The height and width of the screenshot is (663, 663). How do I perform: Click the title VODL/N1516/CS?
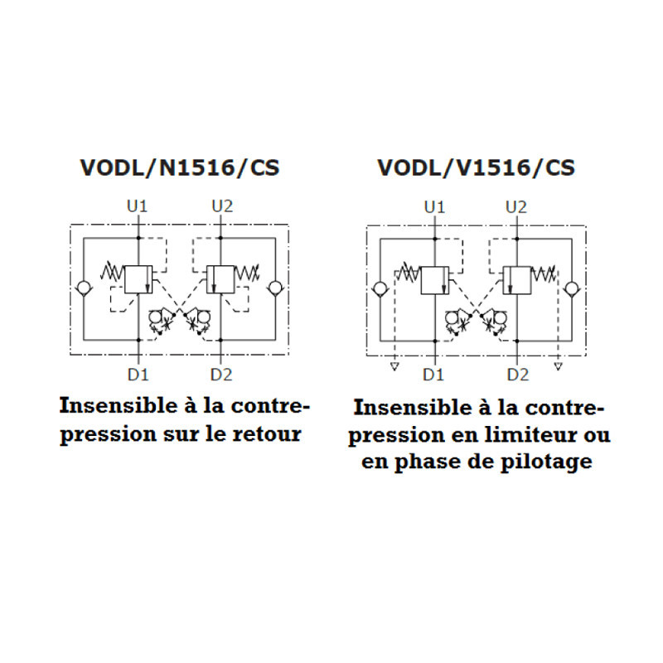[x=180, y=168]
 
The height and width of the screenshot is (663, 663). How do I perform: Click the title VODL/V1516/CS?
[x=476, y=168]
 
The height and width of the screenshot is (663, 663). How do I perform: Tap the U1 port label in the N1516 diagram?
[x=137, y=206]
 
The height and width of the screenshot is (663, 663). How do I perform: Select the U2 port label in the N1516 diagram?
[x=222, y=206]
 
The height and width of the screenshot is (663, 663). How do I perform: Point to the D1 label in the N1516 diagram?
[x=138, y=375]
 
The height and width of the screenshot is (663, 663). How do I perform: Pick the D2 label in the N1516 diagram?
[x=221, y=375]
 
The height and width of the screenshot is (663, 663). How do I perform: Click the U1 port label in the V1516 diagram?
[x=434, y=207]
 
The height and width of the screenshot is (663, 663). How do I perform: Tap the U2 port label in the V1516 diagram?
[x=516, y=207]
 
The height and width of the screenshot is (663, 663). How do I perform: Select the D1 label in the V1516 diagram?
[x=433, y=375]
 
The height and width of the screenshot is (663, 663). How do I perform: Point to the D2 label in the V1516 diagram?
[x=518, y=375]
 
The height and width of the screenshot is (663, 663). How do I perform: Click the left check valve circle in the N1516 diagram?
[x=84, y=288]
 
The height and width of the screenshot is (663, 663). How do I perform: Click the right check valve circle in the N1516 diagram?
[x=276, y=288]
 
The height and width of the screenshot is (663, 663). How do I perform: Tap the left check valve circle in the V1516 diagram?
[x=380, y=289]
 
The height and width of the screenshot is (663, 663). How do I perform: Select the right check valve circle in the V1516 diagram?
[x=573, y=289]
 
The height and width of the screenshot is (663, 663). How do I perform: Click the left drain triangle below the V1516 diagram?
[x=394, y=366]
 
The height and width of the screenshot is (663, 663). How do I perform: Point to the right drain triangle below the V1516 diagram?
[x=558, y=365]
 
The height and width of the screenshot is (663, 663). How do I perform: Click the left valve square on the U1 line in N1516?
[x=138, y=279]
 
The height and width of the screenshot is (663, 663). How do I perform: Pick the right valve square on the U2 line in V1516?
[x=516, y=280]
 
